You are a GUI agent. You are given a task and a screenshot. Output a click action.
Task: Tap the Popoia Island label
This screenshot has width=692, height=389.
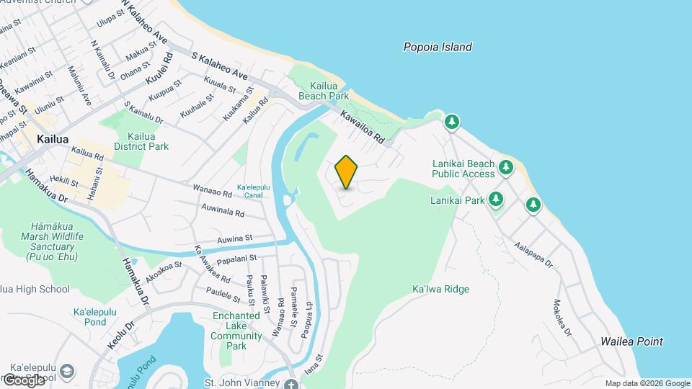pos(437,47)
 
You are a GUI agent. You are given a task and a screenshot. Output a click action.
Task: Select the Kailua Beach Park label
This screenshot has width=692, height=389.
pos(324,90)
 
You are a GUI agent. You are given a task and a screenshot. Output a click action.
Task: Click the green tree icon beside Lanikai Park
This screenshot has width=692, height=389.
pos(496,199)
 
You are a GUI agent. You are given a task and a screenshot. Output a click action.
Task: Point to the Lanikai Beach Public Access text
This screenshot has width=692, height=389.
pos(463,169)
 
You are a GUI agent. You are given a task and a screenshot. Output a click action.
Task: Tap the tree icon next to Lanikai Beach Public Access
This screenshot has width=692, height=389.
pos(506,167)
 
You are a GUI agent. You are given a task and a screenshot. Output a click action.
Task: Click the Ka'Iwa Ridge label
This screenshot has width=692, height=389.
pos(440,289)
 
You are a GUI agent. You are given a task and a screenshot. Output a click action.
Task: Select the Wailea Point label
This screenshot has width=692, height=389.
pos(631,341)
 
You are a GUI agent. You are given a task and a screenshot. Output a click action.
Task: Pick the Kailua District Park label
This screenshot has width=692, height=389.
pos(147,141)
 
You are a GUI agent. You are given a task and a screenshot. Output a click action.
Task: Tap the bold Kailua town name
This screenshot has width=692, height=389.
pos(54,138)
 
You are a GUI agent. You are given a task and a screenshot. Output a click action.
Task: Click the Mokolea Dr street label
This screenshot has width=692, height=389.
pos(562,318)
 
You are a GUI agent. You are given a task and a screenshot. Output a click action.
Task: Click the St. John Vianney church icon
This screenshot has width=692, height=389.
pos(290,383)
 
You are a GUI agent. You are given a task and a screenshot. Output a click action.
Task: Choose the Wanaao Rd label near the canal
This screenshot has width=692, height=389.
pos(212,192)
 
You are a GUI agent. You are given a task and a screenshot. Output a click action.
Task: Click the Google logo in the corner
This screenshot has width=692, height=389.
pos(23,380)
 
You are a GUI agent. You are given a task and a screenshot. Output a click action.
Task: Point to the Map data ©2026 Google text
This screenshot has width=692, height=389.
pos(647,383)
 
